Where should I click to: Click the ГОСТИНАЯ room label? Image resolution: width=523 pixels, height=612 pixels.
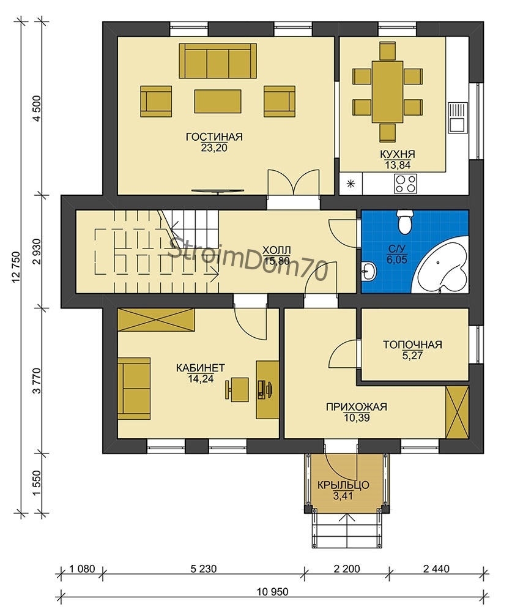[214, 137]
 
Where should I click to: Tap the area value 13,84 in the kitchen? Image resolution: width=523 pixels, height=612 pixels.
[398, 165]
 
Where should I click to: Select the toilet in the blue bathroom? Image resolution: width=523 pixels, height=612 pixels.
[404, 222]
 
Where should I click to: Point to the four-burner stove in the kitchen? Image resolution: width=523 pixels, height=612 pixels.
[406, 184]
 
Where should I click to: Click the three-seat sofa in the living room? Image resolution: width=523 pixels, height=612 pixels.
[218, 61]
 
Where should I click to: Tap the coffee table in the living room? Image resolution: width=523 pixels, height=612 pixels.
[218, 101]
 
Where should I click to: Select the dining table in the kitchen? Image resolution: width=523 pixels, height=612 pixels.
[387, 92]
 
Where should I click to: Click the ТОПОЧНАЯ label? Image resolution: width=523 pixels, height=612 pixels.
[412, 345]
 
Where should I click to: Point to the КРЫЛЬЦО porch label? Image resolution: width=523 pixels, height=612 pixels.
[343, 485]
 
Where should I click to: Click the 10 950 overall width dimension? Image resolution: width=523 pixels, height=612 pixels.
[273, 592]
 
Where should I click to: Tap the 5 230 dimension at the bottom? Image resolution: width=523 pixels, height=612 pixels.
[203, 569]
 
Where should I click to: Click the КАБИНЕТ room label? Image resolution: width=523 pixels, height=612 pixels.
[201, 368]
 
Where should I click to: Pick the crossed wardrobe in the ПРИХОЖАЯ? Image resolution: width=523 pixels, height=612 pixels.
[457, 412]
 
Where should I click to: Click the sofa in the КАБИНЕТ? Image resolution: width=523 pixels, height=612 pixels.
[134, 389]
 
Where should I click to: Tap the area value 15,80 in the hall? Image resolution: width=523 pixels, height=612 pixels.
[276, 261]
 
